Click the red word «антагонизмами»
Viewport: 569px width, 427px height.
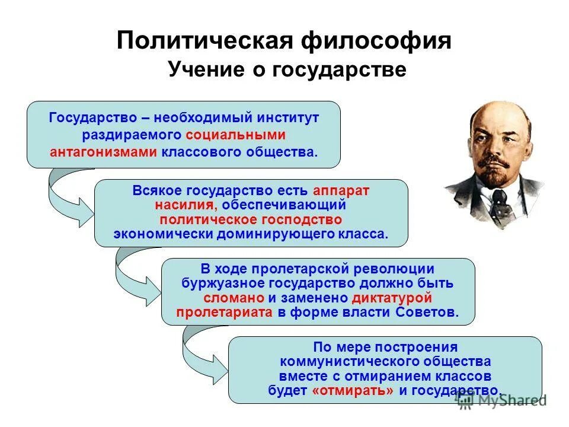103,152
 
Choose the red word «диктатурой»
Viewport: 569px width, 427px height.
392,298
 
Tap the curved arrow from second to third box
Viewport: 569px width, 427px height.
133,273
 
